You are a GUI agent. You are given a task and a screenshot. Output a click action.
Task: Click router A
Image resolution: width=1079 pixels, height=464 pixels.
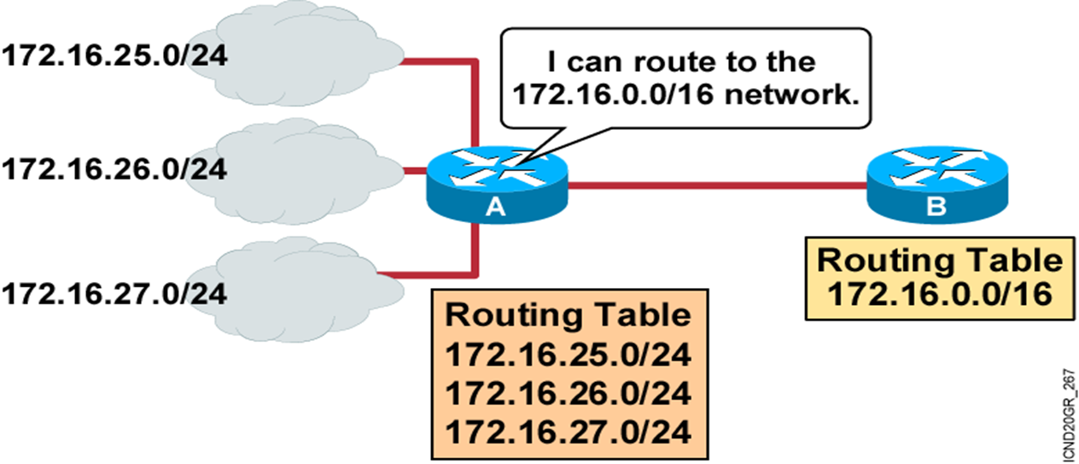pos(496,185)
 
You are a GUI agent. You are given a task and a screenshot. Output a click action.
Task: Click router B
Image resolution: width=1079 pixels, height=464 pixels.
pos(936,184)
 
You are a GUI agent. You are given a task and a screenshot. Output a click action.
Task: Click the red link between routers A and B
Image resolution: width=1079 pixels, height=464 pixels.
pos(717,184)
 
